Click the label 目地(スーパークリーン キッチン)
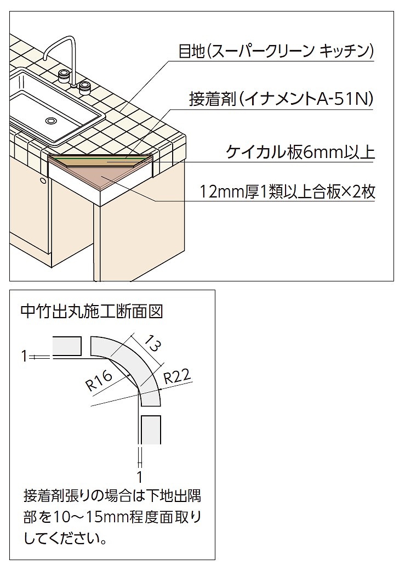click(276, 52)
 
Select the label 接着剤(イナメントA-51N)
click(281, 99)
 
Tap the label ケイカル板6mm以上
click(300, 151)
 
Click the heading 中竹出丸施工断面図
click(91, 313)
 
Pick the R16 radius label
click(99, 380)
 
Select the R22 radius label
click(176, 376)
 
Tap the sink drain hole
click(51, 120)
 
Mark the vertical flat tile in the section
click(151, 430)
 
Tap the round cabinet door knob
click(42, 179)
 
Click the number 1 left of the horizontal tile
click(24, 357)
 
